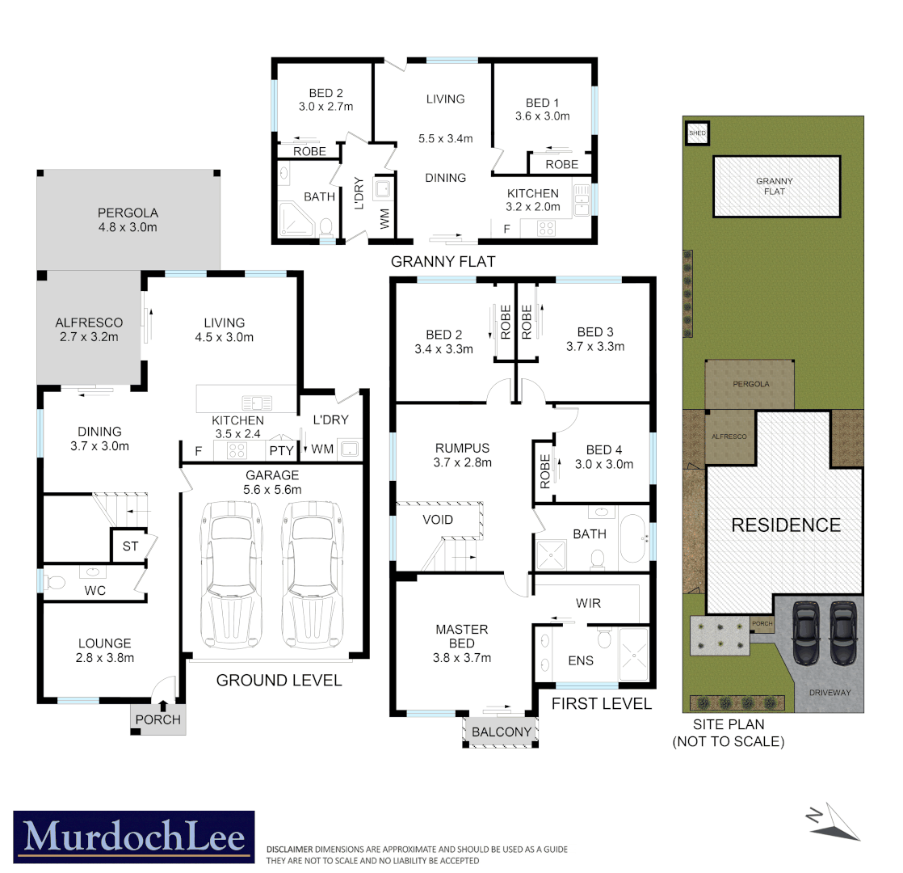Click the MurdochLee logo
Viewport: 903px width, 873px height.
coord(133,838)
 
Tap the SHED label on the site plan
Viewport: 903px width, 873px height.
coord(696,133)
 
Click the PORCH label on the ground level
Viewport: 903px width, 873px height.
coord(158,719)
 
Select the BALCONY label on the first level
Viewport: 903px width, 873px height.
coord(502,732)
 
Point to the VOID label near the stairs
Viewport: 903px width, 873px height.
coord(438,520)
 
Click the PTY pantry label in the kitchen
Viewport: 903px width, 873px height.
coord(281,449)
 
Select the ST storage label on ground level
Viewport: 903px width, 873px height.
coord(130,546)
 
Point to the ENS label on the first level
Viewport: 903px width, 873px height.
coord(581,660)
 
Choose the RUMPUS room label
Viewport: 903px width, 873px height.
coord(463,447)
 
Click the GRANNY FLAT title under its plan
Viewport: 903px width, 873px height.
coord(442,261)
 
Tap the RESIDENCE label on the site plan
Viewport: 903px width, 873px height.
coord(785,525)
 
